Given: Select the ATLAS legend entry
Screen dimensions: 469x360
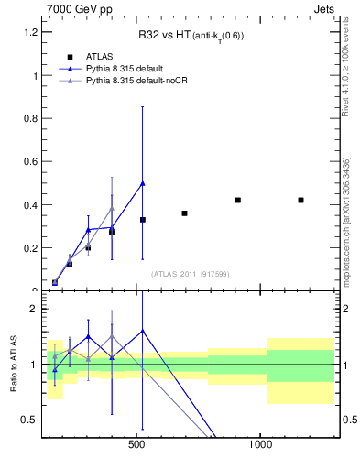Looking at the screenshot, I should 101,57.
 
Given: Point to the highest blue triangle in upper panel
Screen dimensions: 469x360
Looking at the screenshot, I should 142,183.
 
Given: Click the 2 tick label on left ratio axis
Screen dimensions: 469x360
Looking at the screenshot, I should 32,309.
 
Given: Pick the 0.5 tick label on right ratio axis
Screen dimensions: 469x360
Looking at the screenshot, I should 350,420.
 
